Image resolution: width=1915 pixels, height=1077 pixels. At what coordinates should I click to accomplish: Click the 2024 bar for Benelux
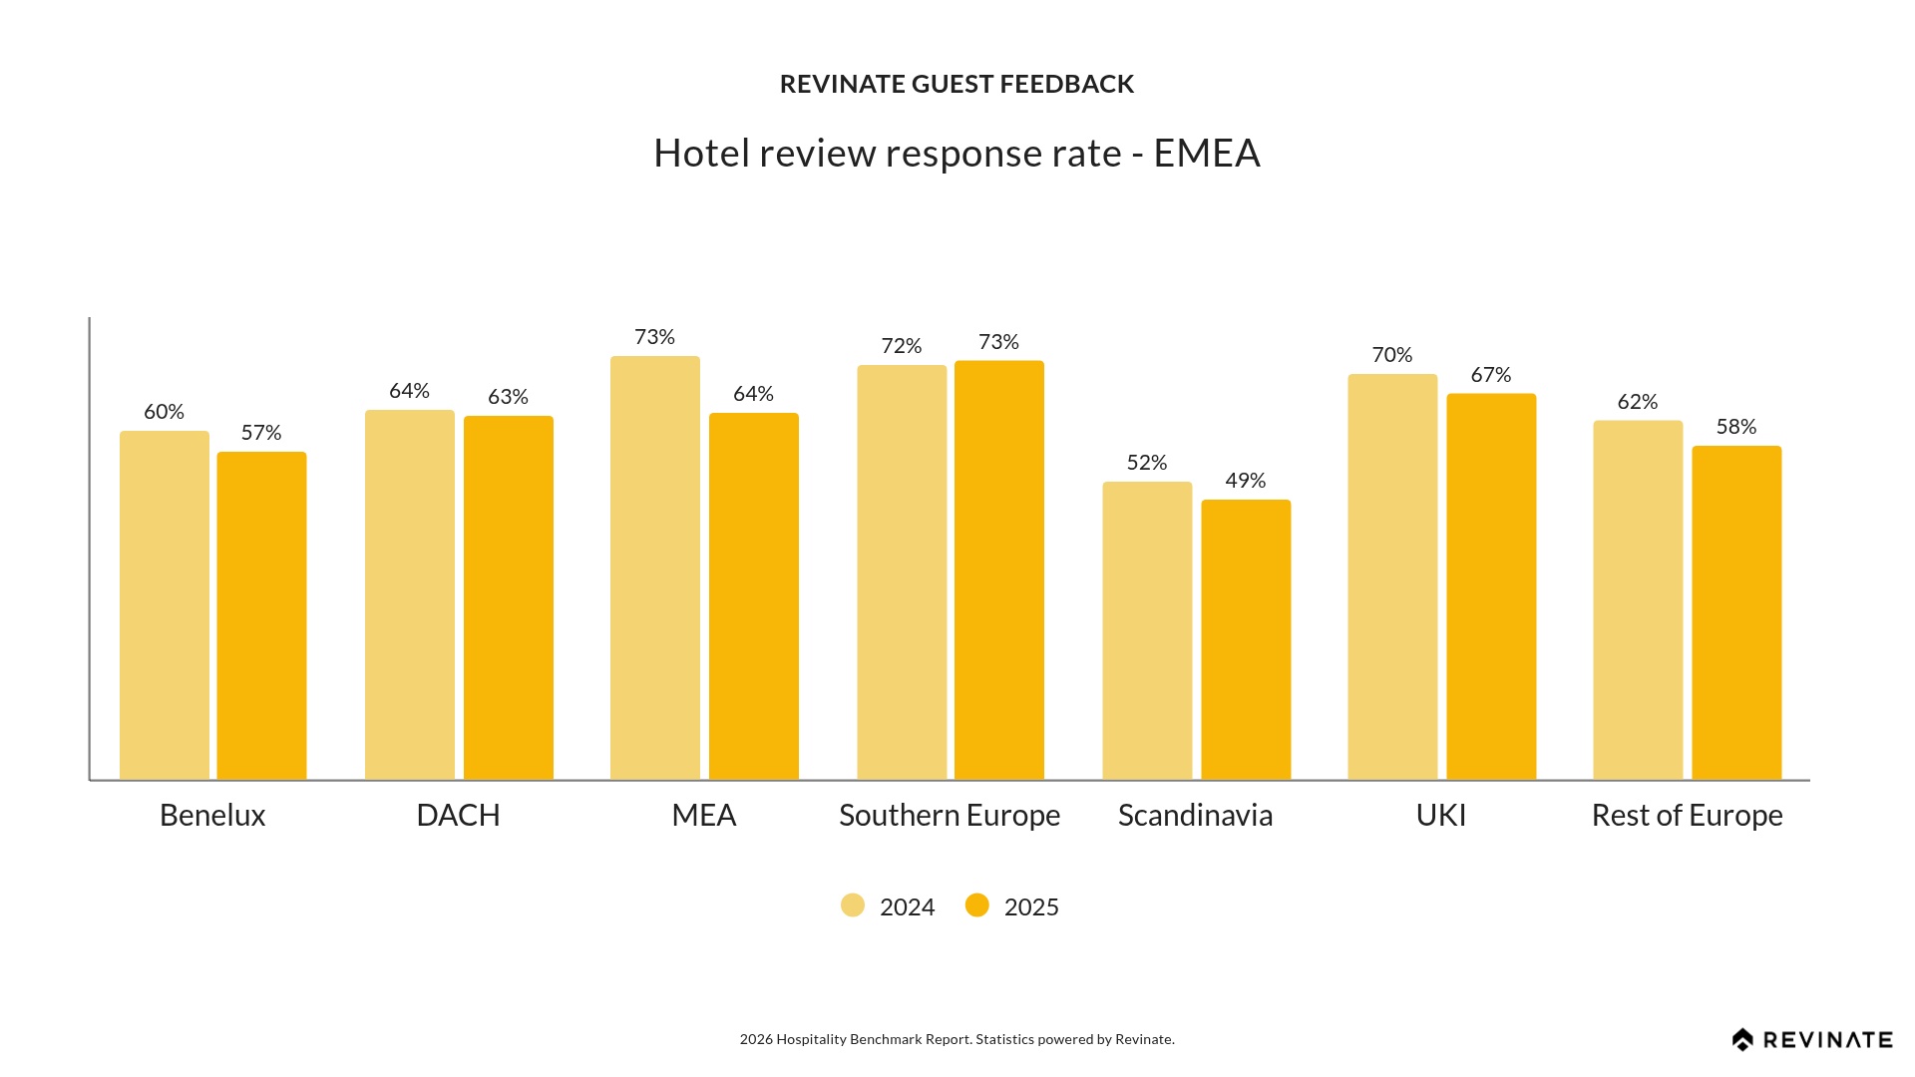tap(165, 605)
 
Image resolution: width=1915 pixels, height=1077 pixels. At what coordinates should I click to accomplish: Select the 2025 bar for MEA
tap(754, 596)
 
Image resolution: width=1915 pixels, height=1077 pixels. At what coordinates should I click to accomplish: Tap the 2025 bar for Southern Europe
tap(999, 570)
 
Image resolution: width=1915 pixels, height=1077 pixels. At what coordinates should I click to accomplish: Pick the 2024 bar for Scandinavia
tap(1147, 630)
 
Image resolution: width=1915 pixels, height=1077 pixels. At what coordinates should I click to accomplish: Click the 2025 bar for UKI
tap(1491, 586)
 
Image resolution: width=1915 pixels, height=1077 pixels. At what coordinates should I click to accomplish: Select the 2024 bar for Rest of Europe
tap(1638, 600)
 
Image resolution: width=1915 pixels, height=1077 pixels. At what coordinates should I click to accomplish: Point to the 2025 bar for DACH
tap(509, 597)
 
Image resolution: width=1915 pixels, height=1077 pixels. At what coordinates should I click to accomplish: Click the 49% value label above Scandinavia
tap(1246, 481)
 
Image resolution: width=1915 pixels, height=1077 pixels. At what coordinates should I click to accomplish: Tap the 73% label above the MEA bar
tap(655, 337)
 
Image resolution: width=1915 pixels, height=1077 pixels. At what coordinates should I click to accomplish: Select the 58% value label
tap(1736, 427)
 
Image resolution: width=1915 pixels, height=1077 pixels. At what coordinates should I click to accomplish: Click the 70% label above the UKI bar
tap(1392, 355)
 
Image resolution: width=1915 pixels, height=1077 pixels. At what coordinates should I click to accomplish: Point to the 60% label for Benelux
tap(165, 412)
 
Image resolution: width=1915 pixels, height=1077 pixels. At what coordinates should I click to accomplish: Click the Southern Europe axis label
tap(950, 816)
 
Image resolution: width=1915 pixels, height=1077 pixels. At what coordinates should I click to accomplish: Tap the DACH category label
tap(458, 816)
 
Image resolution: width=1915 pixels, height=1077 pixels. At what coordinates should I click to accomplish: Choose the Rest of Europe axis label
tap(1687, 816)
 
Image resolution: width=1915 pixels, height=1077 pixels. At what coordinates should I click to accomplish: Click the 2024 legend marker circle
tap(853, 905)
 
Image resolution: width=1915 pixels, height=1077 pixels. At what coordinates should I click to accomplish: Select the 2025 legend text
tap(1031, 907)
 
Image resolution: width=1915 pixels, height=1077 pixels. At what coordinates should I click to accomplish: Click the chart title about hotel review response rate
tap(957, 154)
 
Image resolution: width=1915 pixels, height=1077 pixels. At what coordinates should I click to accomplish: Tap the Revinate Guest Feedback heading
tap(957, 84)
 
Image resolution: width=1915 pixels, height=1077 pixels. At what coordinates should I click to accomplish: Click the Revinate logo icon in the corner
tap(1742, 1040)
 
